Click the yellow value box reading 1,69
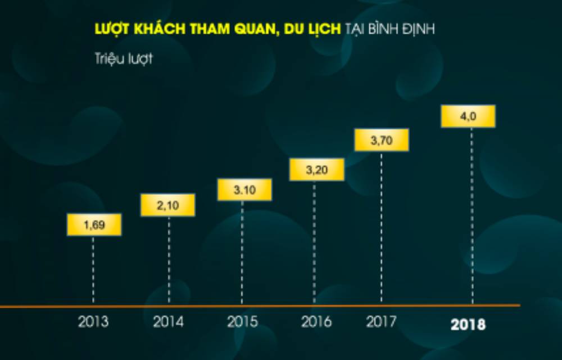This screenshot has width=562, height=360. [94, 225]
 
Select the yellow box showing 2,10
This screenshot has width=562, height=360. [167, 205]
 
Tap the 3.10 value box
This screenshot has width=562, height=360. [244, 190]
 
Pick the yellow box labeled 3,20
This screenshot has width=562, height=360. [316, 169]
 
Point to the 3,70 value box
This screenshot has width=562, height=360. [382, 140]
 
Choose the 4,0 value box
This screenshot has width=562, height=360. [468, 116]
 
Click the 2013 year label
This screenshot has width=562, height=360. [93, 322]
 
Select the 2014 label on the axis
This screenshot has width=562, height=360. [168, 322]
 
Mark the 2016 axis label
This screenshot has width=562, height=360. [316, 322]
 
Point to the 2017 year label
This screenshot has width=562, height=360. [381, 322]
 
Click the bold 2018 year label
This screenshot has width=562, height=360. [468, 325]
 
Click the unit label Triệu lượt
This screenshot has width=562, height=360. [124, 59]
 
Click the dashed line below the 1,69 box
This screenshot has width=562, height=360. [93, 270]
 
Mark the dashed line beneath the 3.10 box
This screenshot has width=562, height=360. [242, 253]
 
